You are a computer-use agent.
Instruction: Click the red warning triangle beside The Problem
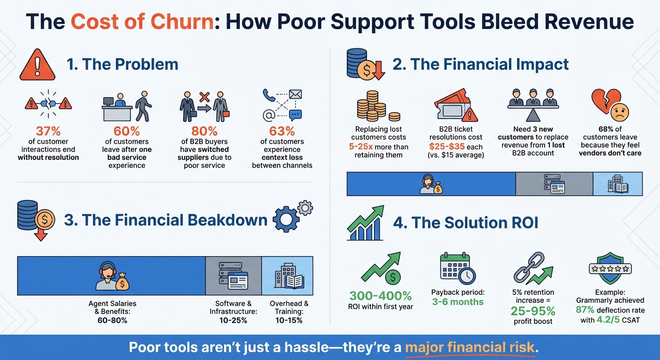[37, 64]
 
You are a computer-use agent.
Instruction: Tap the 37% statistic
[48, 131]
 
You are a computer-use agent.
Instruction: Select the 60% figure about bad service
[127, 131]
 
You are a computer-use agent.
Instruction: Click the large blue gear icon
[286, 219]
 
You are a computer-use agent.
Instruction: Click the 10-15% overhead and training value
[289, 320]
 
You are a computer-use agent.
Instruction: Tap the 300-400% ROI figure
[380, 296]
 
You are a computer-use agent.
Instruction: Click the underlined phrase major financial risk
[470, 347]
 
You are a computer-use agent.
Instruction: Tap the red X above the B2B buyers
[204, 97]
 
